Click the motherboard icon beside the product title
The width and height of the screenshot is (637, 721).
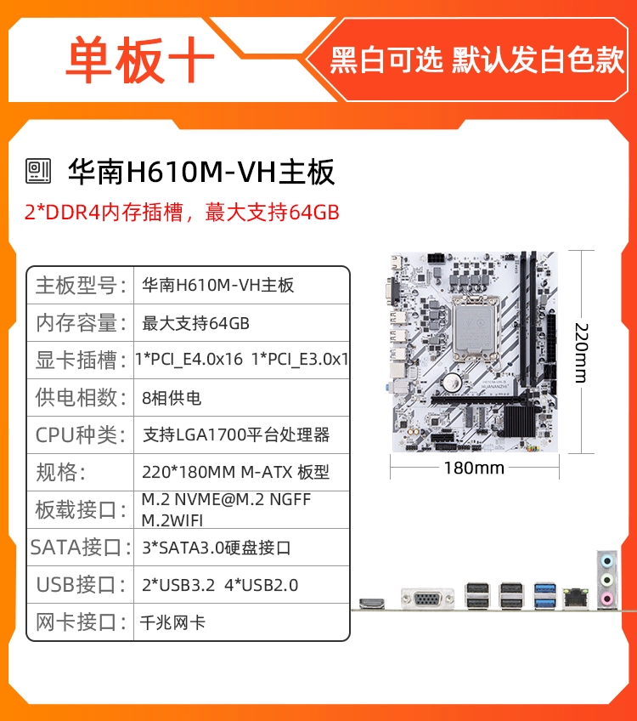(38, 171)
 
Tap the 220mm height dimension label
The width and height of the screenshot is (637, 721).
(581, 353)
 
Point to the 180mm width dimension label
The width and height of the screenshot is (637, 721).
(474, 468)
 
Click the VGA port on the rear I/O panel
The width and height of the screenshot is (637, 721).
(427, 599)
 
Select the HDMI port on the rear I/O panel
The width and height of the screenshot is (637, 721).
(371, 602)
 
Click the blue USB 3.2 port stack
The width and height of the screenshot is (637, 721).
(545, 596)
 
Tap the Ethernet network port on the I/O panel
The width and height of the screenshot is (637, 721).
(576, 598)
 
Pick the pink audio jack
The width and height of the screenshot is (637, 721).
(607, 599)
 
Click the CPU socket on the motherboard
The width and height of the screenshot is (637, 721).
(475, 331)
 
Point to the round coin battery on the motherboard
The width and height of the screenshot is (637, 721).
(454, 381)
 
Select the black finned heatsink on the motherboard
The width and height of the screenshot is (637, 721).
(521, 421)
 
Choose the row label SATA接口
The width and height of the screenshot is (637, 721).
(81, 548)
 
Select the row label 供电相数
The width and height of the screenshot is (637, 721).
(81, 397)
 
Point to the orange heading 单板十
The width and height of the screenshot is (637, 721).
(140, 60)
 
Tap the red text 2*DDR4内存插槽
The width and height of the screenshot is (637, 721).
(104, 212)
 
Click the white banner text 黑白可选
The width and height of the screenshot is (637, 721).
(386, 60)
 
